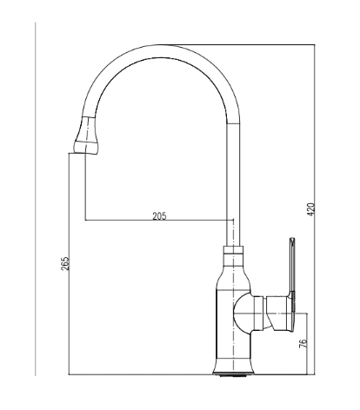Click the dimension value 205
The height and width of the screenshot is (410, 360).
pyautogui.click(x=159, y=216)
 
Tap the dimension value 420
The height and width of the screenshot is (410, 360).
pyautogui.click(x=310, y=209)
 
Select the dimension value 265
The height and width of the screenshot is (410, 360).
pyautogui.click(x=65, y=263)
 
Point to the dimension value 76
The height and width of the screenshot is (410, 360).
pyautogui.click(x=303, y=343)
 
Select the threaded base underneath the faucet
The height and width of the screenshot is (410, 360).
pyautogui.click(x=233, y=375)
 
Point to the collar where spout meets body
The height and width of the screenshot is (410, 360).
pyautogui.click(x=233, y=250)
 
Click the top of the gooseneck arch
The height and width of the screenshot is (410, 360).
pyautogui.click(x=161, y=51)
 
